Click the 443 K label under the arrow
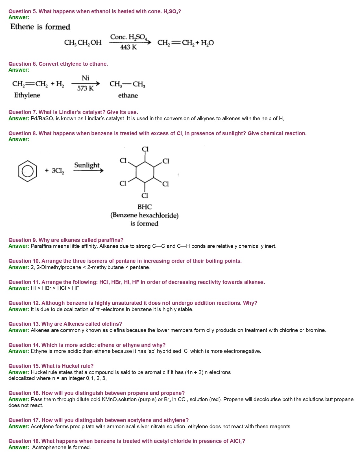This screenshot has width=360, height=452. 128,47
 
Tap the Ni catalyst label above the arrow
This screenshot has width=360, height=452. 85,78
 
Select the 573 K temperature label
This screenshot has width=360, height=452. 85,88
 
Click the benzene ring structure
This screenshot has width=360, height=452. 27,171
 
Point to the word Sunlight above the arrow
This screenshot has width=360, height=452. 87,165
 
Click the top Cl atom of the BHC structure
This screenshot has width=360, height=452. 145,149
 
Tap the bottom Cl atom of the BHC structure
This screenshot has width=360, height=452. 145,195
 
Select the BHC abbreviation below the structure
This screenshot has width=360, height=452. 145,207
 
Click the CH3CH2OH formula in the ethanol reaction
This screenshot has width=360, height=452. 83,43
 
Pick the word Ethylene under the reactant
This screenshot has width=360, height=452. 27,95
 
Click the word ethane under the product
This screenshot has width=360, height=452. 128,95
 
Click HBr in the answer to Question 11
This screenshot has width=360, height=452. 47,288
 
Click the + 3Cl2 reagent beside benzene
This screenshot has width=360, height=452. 54,171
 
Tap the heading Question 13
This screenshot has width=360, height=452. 24,324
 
